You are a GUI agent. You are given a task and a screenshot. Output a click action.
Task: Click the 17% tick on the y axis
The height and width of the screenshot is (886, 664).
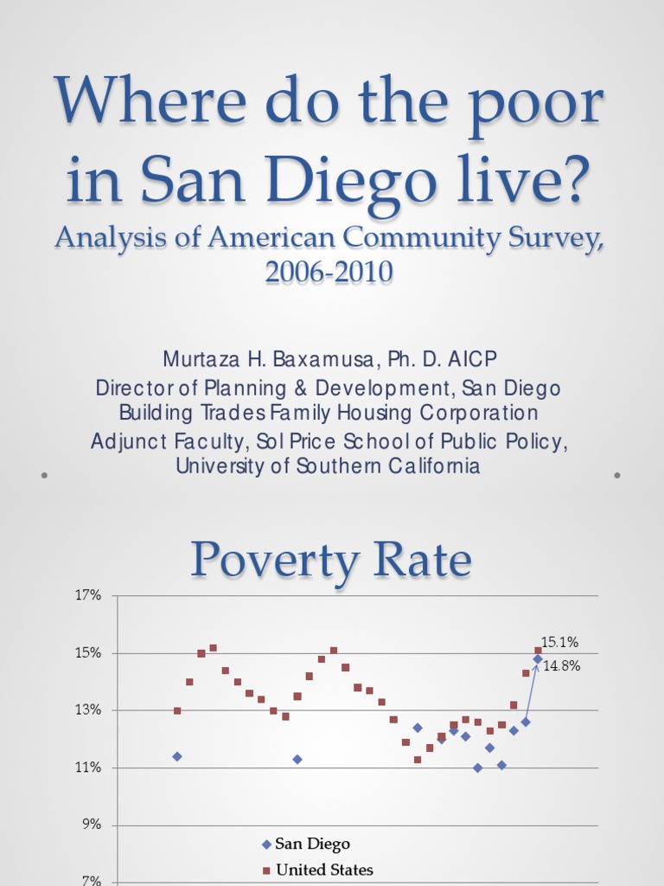[x=90, y=595]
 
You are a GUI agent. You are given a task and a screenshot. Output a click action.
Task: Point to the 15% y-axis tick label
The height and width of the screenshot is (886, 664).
[x=90, y=652]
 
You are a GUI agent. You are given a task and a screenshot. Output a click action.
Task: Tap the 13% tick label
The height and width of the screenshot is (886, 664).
[x=90, y=710]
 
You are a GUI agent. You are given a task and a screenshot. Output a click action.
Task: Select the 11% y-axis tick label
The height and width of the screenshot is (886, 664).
[x=90, y=767]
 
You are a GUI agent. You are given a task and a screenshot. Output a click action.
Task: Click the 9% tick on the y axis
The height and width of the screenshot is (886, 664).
[x=93, y=825]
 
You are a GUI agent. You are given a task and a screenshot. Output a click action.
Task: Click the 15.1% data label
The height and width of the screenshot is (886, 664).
[x=559, y=642]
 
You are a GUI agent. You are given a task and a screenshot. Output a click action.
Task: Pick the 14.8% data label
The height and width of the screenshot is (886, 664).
[x=561, y=666]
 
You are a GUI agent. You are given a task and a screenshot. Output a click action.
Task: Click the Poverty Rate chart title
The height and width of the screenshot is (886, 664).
[x=332, y=561]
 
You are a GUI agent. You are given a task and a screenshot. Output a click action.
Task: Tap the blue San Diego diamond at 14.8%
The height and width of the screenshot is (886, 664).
[x=537, y=659]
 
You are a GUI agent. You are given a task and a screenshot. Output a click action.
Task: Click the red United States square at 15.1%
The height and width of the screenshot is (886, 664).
[x=538, y=650]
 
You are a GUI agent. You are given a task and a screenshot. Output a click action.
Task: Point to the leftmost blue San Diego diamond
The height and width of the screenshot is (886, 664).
[x=177, y=756]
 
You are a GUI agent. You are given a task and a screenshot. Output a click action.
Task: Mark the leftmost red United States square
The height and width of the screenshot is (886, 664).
[x=177, y=710]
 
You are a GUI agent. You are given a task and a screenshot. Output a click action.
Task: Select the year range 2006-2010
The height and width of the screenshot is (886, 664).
[x=330, y=272]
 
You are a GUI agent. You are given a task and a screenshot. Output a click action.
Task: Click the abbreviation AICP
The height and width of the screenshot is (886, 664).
[x=471, y=359]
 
